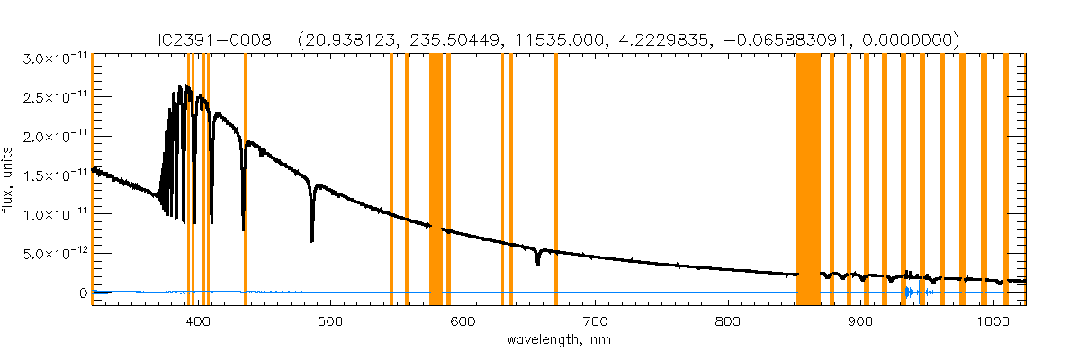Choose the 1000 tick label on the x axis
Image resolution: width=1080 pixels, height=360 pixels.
point(992,321)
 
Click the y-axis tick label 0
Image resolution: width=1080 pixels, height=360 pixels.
point(83,292)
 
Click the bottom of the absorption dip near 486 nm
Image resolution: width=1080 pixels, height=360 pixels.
point(312,239)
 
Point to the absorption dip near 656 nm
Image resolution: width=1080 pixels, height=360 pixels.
point(538,262)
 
